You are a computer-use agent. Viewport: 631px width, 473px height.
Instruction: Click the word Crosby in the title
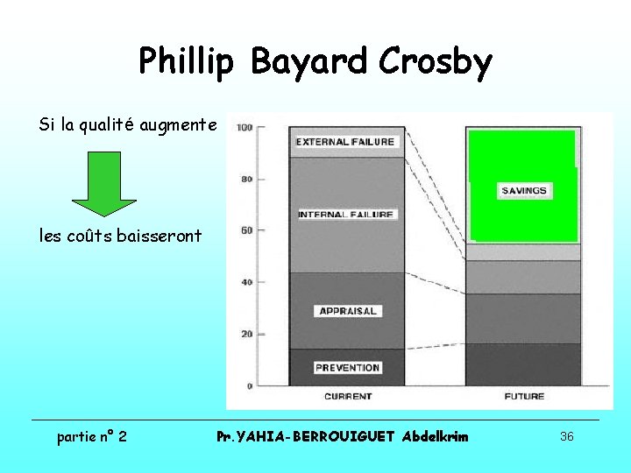436,62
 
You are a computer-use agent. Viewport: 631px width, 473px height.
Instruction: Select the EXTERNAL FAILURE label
345,142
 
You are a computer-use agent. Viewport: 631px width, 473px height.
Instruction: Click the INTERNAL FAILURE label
347,215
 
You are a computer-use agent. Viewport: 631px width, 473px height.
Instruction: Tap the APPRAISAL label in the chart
348,311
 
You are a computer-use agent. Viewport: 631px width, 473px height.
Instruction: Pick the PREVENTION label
347,368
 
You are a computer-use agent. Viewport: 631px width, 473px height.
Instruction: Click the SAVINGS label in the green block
524,190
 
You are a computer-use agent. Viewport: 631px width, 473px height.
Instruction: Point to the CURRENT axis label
348,397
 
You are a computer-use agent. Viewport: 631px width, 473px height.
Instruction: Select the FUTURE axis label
524,397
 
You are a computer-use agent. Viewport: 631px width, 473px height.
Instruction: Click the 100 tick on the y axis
245,128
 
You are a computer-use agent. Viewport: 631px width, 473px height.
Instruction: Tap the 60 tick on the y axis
248,230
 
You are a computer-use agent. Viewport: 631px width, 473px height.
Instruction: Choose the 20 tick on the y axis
248,334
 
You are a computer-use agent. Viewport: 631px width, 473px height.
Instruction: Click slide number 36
566,436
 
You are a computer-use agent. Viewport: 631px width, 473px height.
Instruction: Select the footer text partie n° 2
91,436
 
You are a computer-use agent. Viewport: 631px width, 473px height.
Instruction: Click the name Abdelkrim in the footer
435,436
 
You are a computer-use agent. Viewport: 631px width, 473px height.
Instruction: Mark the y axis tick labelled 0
251,385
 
